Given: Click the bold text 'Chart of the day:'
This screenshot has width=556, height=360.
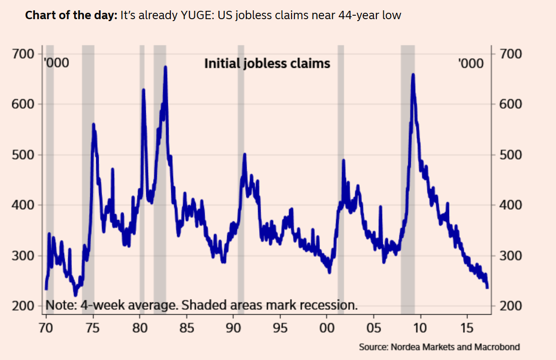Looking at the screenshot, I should (x=71, y=15).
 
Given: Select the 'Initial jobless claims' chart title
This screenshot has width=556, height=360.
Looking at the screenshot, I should (x=267, y=63).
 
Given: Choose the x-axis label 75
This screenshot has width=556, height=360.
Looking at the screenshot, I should (x=93, y=328).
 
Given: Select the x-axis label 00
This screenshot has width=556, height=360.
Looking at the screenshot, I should (x=327, y=328).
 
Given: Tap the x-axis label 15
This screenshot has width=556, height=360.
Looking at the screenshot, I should (x=467, y=328).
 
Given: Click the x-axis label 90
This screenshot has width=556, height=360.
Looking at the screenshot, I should (x=234, y=328).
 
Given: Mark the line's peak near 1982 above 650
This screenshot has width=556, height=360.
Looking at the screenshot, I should (x=165, y=67).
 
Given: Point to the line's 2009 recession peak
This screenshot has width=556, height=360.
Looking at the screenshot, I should (x=413, y=75).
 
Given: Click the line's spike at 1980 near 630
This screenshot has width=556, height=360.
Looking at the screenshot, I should (x=143, y=90).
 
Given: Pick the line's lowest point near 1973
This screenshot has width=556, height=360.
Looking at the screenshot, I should (x=75, y=295).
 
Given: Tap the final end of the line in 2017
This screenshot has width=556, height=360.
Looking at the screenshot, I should (x=487, y=288).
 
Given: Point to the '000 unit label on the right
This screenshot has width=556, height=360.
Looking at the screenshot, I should (x=470, y=63).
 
